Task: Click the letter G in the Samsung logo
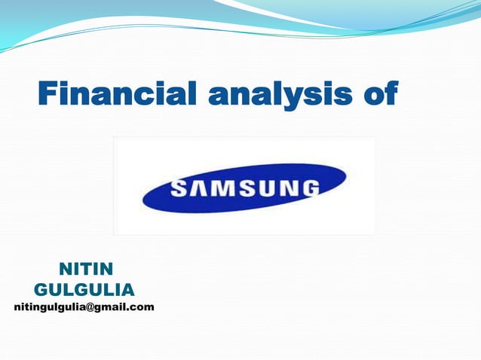(x=308, y=187)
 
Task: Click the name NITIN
(x=84, y=269)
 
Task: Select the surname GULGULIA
(x=84, y=289)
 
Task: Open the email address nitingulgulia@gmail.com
(x=84, y=307)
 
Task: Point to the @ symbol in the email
(x=93, y=307)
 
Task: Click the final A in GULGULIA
(x=128, y=289)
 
